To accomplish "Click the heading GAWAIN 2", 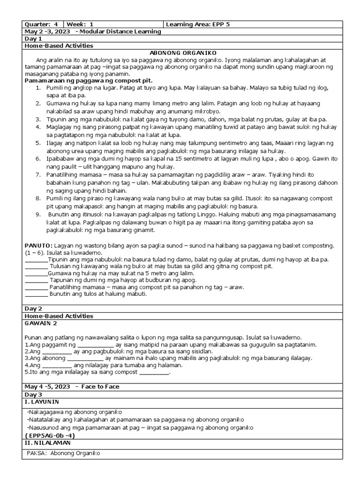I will click(x=40, y=323).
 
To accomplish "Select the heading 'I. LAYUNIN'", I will click(x=42, y=402).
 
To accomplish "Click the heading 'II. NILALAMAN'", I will click(x=47, y=442).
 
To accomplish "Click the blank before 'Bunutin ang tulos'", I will click(x=36, y=294).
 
